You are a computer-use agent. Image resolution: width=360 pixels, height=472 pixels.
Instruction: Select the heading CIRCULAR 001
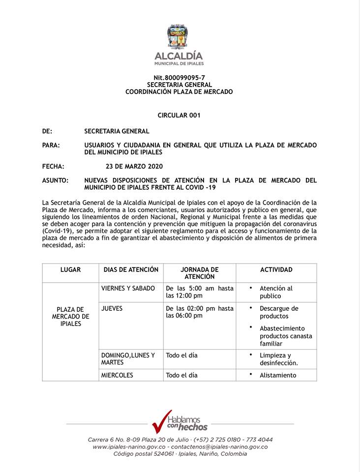(x=179, y=115)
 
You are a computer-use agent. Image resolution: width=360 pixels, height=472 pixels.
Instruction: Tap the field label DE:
(x=47, y=131)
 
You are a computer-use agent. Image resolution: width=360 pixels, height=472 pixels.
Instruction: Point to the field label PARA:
(x=51, y=146)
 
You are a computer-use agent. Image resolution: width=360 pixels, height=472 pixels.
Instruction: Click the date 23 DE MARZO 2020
(x=134, y=166)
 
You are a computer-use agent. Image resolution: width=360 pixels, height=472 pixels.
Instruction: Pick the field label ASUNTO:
(x=55, y=180)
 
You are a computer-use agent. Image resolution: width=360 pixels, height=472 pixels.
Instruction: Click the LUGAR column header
(x=70, y=270)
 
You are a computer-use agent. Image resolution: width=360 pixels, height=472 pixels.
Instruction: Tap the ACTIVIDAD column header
(x=276, y=270)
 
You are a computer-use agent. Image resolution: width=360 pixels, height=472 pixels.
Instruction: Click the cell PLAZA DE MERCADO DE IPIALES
(x=70, y=317)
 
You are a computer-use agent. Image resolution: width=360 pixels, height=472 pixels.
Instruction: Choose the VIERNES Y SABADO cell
(x=128, y=289)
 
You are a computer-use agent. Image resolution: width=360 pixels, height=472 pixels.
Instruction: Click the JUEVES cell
(x=112, y=309)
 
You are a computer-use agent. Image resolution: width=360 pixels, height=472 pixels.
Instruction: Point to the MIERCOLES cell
(x=117, y=375)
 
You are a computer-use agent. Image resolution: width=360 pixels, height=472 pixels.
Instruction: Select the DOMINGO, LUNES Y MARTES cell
(x=127, y=358)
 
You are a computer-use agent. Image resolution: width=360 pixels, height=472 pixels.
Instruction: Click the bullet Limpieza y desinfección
(x=279, y=359)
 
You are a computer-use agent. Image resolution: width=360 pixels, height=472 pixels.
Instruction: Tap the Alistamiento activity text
(x=278, y=375)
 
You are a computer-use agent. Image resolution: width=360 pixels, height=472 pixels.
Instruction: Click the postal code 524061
(x=170, y=454)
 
